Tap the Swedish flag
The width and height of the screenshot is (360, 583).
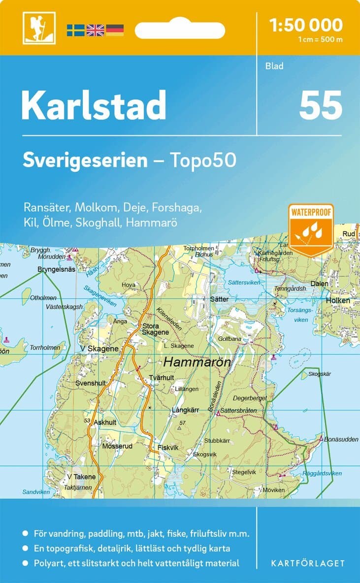tap(76, 30)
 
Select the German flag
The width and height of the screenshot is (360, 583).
tap(115, 30)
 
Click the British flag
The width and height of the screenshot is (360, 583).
tap(95, 30)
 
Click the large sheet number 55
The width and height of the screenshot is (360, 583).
tap(320, 105)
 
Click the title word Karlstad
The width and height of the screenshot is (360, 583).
tap(94, 105)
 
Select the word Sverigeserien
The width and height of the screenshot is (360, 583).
tap(85, 160)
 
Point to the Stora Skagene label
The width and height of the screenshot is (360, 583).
tap(156, 329)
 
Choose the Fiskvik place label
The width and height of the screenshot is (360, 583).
tap(167, 448)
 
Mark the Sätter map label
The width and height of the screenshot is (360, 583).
tap(219, 299)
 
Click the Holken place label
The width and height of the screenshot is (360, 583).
tap(337, 300)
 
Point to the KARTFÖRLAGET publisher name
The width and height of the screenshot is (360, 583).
tap(308, 563)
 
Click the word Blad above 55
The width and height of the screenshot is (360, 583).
tap(274, 66)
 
